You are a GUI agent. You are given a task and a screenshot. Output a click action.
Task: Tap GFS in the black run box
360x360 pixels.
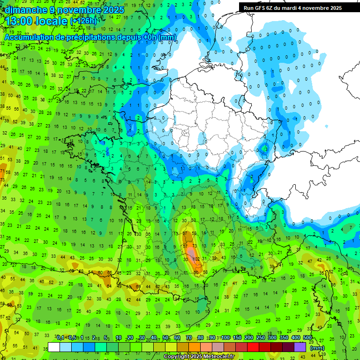pos(262,8)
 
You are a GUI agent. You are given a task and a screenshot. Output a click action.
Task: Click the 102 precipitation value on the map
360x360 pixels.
pos(196,259)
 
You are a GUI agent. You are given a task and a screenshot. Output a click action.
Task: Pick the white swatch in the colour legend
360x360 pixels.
pos(54,347)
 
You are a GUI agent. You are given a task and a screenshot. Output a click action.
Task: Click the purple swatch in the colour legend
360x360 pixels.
pos(300,347)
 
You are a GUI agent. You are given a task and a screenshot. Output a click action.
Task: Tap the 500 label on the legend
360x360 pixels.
pos(307,338)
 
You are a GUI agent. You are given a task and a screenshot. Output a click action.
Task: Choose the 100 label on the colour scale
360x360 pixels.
pos(225,338)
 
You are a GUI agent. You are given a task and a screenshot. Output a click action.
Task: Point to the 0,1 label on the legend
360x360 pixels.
pos(60,338)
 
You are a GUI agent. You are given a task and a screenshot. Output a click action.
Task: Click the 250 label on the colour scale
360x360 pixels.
pos(260,338)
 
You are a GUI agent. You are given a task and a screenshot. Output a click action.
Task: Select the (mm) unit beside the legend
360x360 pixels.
pos(317,348)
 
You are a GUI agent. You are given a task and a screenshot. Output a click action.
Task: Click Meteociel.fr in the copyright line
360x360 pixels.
pos(218,356)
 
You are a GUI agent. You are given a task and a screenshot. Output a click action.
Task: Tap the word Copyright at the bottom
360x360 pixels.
pos(177,356)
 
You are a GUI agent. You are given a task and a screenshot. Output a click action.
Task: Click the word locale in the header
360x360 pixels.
pos(52,21)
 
